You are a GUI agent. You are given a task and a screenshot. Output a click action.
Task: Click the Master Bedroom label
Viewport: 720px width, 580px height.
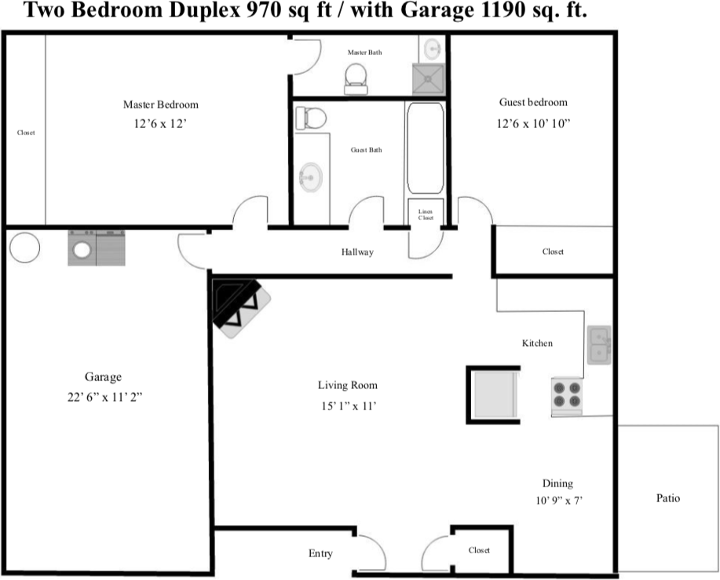160,105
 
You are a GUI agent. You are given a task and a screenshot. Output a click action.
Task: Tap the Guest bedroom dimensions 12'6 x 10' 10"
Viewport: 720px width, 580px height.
532,123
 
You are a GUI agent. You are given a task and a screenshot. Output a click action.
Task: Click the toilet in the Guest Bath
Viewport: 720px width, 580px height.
311,119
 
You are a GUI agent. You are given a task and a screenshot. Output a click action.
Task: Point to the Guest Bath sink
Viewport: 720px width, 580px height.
311,177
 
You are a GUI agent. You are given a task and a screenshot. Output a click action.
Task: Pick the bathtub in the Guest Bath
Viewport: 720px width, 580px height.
425,148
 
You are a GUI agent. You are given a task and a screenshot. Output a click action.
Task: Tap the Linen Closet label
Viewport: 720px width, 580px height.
426,214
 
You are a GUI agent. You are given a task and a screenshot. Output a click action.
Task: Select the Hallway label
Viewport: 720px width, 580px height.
357,252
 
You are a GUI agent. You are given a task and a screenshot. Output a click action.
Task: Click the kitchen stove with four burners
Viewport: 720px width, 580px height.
566,396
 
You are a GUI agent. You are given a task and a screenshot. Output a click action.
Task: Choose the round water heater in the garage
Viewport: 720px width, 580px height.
24,248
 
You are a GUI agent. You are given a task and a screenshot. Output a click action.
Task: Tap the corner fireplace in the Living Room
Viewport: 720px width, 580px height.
240,307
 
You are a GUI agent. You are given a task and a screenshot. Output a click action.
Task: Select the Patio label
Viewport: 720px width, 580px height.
667,498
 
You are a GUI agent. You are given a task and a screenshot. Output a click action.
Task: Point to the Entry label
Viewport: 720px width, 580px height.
320,553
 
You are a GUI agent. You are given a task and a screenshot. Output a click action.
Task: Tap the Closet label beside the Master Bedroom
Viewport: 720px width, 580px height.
26,133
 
